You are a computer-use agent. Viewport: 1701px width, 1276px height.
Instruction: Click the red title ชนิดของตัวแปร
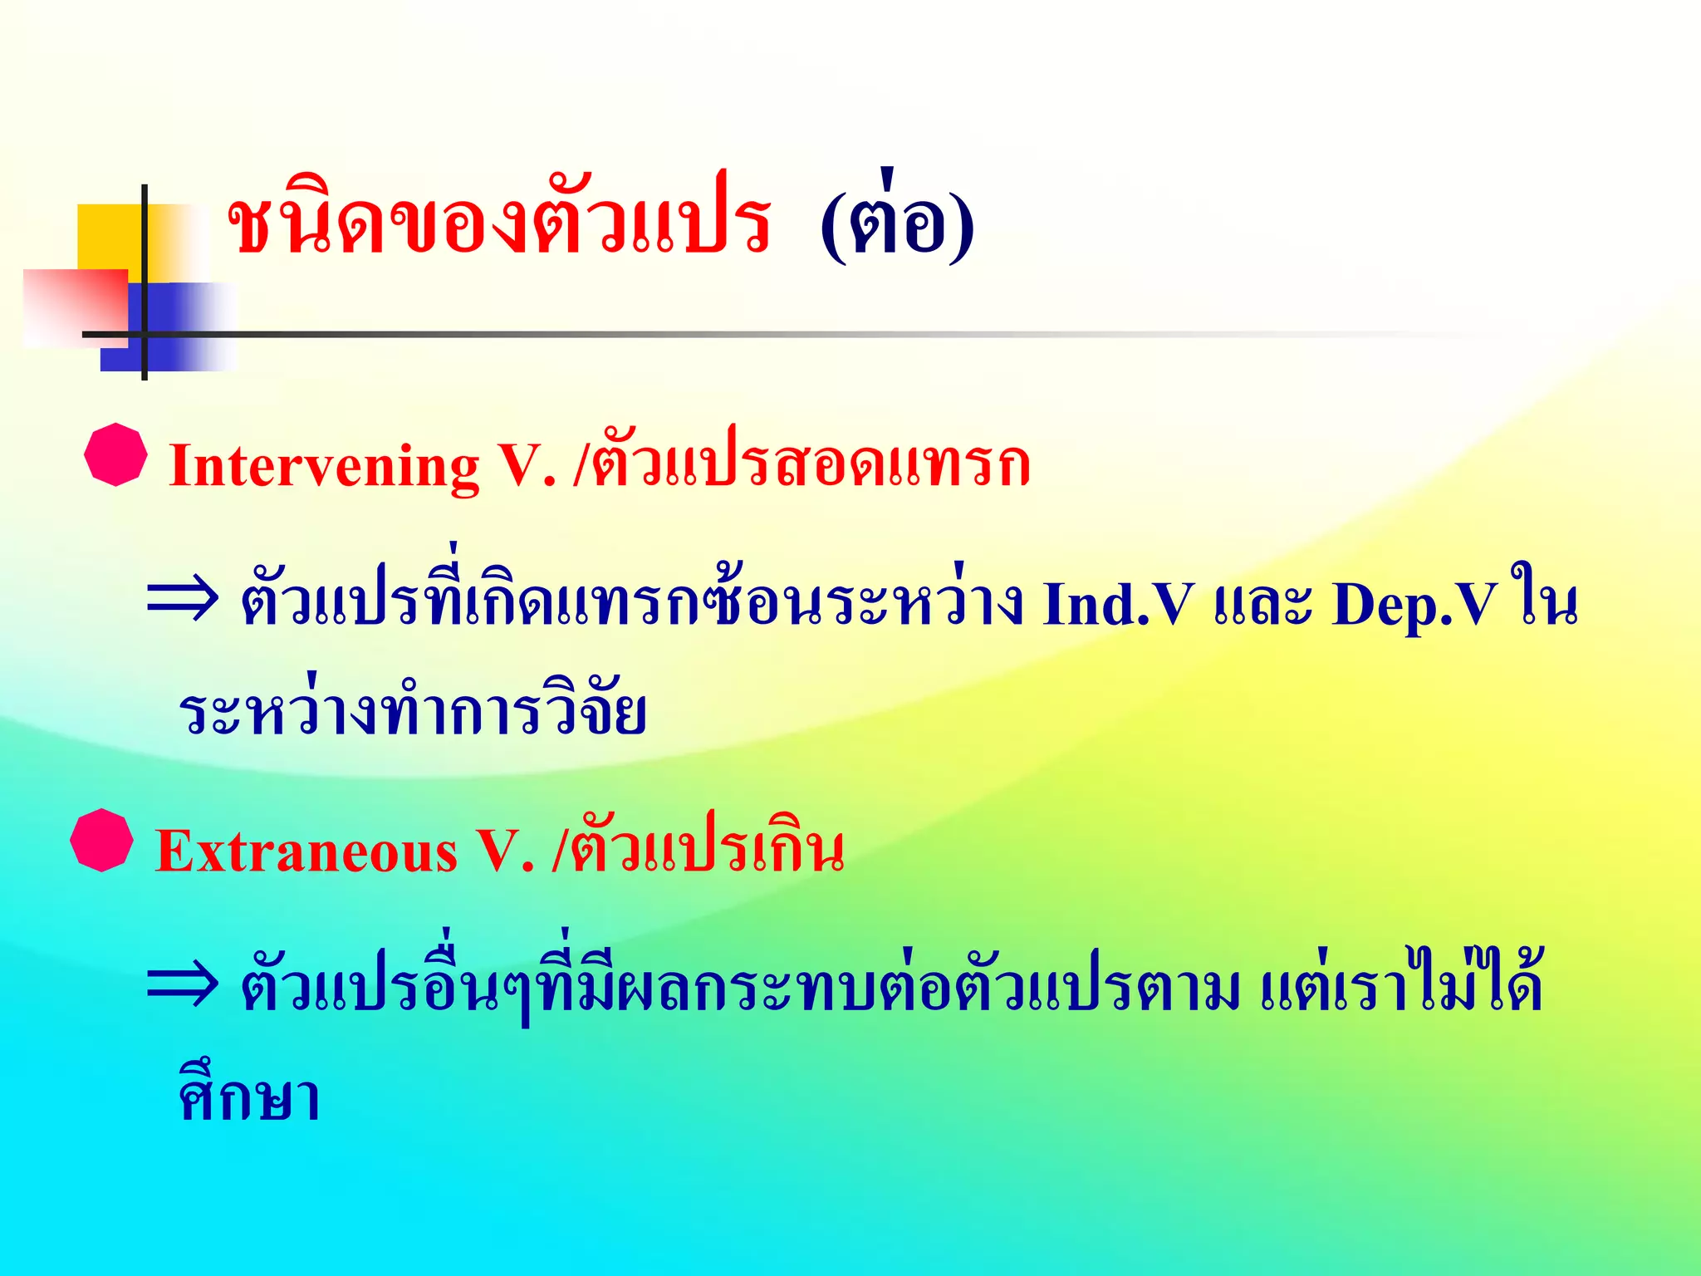tap(498, 223)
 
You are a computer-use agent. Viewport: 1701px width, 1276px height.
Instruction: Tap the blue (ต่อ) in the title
tap(897, 223)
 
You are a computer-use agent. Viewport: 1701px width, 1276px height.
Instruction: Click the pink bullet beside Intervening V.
tap(116, 454)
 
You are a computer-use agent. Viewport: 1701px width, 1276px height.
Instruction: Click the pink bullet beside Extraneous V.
tap(102, 840)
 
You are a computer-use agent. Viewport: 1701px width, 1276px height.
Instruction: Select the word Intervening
tap(324, 465)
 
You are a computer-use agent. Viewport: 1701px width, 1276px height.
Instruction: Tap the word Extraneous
tap(306, 852)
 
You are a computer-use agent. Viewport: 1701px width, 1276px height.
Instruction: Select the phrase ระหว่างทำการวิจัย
tap(413, 713)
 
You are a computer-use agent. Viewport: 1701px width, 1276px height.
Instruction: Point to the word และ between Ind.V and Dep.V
tap(1262, 604)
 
